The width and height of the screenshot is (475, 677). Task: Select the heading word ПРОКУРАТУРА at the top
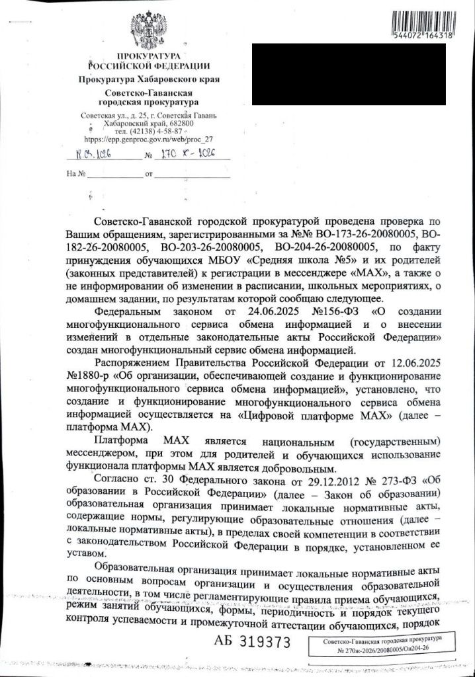pos(149,57)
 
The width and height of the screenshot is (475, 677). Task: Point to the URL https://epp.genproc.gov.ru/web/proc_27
pos(149,139)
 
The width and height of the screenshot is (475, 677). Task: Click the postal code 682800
pos(179,123)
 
